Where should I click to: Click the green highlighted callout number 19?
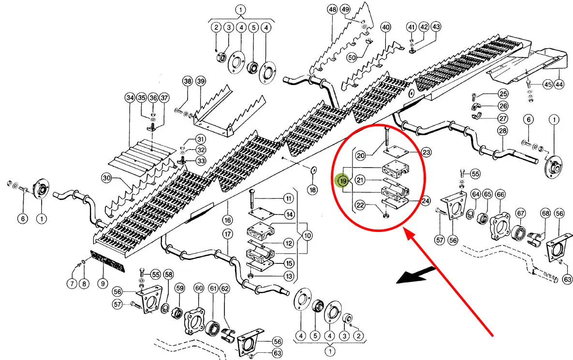[x=343, y=181]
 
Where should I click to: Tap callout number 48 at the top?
[x=332, y=10]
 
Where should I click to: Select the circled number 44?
[x=559, y=85]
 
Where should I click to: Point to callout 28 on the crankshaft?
[x=503, y=131]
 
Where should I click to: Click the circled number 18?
[x=313, y=190]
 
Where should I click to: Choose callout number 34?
[x=129, y=98]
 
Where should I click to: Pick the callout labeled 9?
[x=102, y=284]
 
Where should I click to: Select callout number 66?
[x=500, y=194]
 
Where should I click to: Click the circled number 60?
[x=198, y=288]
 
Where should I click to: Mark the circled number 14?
[x=289, y=214]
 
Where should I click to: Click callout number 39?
[x=201, y=81]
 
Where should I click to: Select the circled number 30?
[x=107, y=178]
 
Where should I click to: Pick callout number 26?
[x=503, y=106]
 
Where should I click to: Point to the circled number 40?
[x=385, y=28]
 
